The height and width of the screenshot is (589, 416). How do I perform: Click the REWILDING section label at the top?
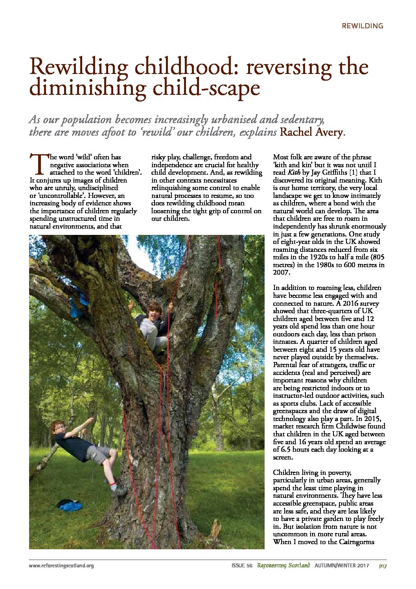(x=362, y=26)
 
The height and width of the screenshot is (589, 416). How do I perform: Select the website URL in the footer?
(x=61, y=566)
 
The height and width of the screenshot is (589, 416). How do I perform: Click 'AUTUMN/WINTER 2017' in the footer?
(x=341, y=566)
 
